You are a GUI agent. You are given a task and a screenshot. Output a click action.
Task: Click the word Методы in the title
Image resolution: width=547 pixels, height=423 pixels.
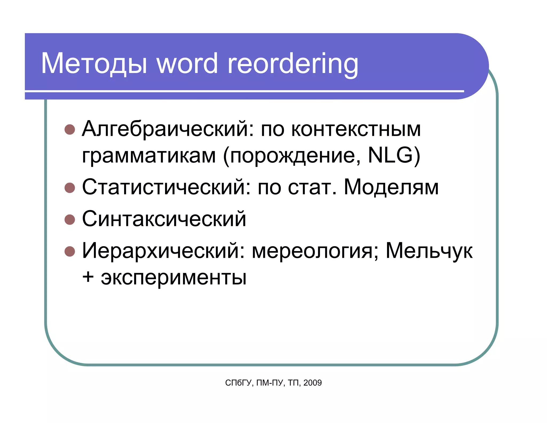pos(94,63)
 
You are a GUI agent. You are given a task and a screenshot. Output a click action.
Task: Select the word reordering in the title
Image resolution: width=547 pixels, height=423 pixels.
pos(293,64)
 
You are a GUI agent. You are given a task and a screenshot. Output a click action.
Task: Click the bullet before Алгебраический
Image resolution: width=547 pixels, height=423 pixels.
pos(70,129)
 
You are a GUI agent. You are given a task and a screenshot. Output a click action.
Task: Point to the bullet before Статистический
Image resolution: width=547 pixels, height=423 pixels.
pos(70,188)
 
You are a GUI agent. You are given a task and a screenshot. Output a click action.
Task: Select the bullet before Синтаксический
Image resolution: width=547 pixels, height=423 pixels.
pos(70,220)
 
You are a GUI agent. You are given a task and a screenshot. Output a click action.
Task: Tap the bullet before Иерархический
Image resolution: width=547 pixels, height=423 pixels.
pos(70,251)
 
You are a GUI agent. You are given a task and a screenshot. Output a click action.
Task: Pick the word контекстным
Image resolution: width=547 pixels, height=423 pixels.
pos(356,129)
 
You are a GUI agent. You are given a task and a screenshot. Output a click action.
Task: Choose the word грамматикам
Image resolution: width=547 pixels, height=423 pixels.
pos(149,156)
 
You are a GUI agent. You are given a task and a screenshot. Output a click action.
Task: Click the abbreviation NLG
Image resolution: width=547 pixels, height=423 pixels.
pos(390,155)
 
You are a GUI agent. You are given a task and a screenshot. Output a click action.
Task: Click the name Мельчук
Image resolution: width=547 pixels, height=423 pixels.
pos(429,251)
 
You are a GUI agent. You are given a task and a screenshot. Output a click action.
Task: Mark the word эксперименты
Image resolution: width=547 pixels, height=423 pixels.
pos(174,278)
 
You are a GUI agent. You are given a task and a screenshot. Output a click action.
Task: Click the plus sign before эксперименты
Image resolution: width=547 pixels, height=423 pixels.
pos(88,277)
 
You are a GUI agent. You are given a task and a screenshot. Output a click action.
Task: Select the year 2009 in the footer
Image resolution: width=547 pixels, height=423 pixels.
pos(312,383)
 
